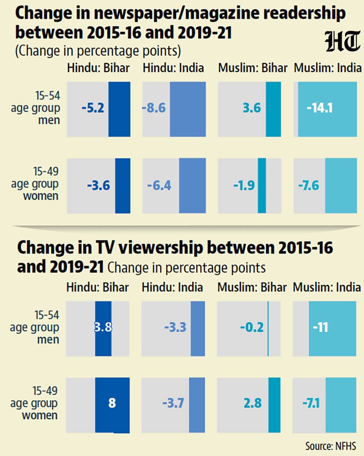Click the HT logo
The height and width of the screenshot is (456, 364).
pos(342,41)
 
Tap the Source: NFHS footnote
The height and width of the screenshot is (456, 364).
pos(331,445)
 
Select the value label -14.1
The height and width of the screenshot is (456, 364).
pos(320,109)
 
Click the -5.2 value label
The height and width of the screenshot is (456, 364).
pos(92,109)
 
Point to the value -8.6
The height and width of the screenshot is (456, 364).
pos(154,109)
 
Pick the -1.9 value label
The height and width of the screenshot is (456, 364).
pos(243,185)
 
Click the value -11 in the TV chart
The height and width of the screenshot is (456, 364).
pos(320,327)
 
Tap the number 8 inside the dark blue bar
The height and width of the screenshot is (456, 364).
pos(112,403)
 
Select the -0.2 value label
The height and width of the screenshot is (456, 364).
pos(251,327)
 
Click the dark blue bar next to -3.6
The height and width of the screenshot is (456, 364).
pos(122,185)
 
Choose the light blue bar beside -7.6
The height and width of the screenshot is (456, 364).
pos(341,185)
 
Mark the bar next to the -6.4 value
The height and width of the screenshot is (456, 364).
pos(192,185)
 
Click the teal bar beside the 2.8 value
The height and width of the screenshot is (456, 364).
pos(274,405)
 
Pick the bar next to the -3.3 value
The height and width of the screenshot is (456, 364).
pos(197,328)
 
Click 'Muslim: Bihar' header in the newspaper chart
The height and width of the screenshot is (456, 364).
pos(253,68)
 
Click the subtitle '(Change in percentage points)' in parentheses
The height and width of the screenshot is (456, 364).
pos(98,51)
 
